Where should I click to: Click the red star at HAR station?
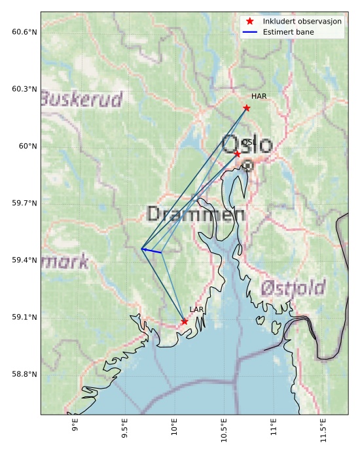[247, 108]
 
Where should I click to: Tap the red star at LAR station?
[185, 321]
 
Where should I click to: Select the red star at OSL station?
[237, 153]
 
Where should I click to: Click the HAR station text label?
[259, 96]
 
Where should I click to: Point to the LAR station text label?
[196, 309]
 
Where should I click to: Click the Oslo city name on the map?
[247, 144]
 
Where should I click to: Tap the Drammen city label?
[196, 214]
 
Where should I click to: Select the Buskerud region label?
[81, 99]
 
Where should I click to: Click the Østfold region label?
[293, 288]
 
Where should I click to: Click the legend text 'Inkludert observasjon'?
[302, 22]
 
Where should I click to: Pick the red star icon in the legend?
[249, 22]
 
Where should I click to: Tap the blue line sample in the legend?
[249, 31]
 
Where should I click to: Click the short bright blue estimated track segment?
[152, 251]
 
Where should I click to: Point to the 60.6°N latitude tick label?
[24, 32]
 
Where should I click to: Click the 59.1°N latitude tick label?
[24, 317]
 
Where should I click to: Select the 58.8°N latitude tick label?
[24, 374]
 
